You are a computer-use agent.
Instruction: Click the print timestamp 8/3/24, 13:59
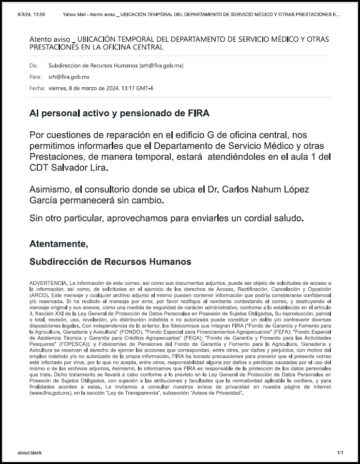pyautogui.click(x=31, y=15)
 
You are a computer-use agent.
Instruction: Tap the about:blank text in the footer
pyautogui.click(x=29, y=453)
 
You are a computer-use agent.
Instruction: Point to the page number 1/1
pyautogui.click(x=340, y=453)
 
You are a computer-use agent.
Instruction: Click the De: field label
pyautogui.click(x=33, y=65)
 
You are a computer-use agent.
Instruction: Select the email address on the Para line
pyautogui.click(x=69, y=77)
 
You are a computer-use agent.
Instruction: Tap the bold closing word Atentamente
pyautogui.click(x=59, y=244)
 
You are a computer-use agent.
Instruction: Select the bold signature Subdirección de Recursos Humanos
pyautogui.click(x=110, y=262)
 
